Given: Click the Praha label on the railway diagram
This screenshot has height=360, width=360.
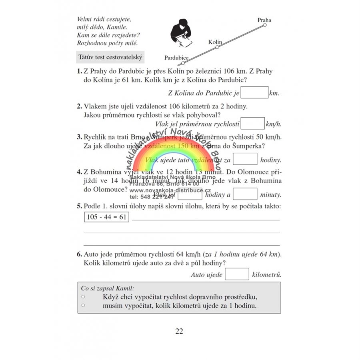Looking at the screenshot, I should tap(264, 20).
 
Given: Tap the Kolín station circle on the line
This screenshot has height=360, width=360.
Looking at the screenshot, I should tap(217, 47).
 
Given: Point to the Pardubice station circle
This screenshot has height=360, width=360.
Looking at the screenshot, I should tap(183, 63).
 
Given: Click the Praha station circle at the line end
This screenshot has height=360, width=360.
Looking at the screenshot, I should tap(264, 25).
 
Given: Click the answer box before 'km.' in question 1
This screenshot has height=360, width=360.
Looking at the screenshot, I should tap(255, 93).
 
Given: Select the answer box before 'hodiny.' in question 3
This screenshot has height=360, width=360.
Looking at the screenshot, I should tap(245, 159).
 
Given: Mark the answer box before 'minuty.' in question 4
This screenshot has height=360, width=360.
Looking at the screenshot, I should tap(245, 194).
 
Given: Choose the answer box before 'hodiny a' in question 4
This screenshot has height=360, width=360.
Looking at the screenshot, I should tap(190, 194).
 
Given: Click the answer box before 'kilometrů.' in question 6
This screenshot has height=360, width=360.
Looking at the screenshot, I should tap(237, 274).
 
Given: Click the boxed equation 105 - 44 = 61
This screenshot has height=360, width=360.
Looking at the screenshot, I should tap(106, 217).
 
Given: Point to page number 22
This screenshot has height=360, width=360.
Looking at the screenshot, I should tap(179, 331).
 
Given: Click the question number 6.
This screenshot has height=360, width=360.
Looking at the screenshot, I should tap(79, 254).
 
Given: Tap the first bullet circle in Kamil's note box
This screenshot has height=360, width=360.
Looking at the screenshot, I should tap(83, 297).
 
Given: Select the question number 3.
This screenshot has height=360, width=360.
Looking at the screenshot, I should tap(79, 137).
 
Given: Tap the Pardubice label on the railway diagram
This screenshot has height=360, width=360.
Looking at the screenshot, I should tap(176, 58).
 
